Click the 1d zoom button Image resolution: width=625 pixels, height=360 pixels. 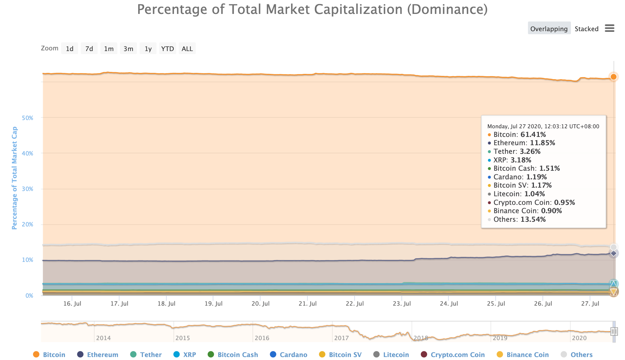(70, 49)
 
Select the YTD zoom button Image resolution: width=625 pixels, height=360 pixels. (167, 49)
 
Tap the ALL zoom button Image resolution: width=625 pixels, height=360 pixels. (187, 49)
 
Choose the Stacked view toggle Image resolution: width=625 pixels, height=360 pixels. (586, 29)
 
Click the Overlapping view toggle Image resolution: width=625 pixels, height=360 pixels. (549, 29)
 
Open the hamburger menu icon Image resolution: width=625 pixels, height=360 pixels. (609, 28)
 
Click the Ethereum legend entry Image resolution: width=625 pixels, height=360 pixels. (102, 355)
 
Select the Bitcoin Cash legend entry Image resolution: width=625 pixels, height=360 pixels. (238, 355)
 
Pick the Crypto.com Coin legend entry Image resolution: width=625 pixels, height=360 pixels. (457, 355)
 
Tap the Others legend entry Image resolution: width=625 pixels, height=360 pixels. (581, 355)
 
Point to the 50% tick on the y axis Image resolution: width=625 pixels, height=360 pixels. (28, 118)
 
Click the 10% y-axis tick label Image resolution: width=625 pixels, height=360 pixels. (28, 260)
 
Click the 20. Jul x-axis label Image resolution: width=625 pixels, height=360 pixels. (260, 304)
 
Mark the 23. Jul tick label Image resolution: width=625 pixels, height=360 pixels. (402, 304)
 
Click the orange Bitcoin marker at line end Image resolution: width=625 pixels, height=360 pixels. (613, 77)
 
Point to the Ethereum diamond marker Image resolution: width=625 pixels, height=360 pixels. (613, 254)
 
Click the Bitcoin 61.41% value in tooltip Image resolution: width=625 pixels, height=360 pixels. (533, 135)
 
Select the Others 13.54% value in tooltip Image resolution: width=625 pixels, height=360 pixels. (533, 219)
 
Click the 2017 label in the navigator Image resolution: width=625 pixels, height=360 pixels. (341, 338)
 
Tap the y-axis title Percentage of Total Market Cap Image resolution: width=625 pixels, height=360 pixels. (14, 178)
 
